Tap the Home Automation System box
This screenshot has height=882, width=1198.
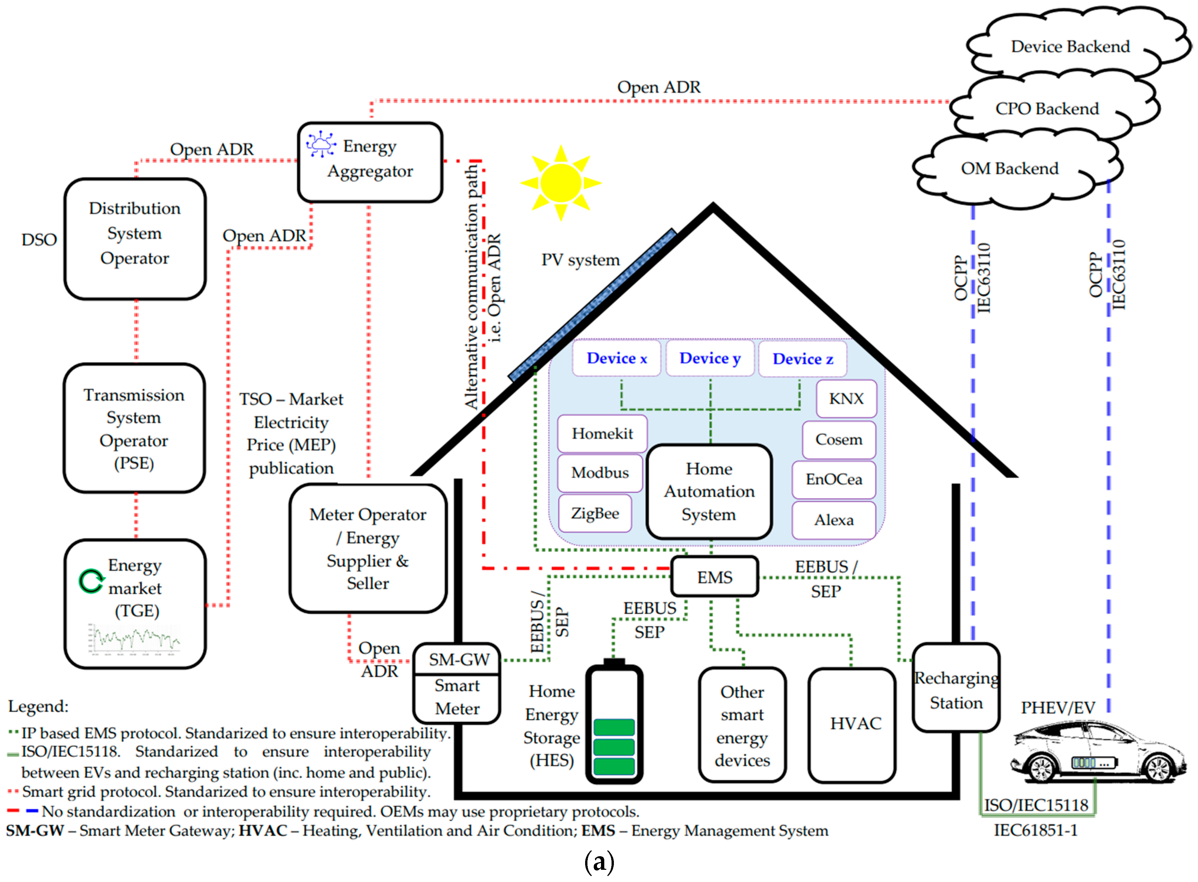click(x=709, y=491)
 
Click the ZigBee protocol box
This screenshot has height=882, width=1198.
click(x=595, y=513)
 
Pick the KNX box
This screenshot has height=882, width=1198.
click(x=846, y=398)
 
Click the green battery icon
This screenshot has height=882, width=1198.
click(x=614, y=723)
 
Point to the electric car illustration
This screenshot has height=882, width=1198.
click(x=1097, y=753)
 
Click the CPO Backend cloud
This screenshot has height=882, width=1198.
click(x=1046, y=108)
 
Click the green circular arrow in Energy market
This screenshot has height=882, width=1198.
click(x=91, y=581)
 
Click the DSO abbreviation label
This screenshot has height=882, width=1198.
click(x=39, y=240)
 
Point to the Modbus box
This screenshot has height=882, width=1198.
click(x=600, y=472)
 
